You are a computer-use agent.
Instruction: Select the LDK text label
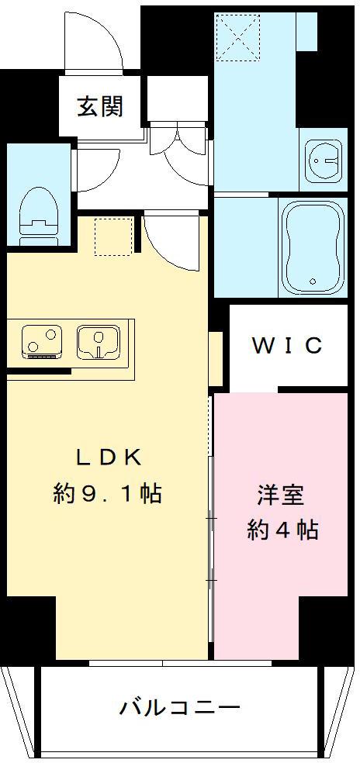[x=108, y=457]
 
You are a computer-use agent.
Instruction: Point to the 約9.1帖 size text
[x=108, y=493]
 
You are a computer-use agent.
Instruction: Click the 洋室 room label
[x=281, y=495]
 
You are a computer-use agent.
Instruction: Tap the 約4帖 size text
[x=282, y=530]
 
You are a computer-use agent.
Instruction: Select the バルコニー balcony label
[x=180, y=708]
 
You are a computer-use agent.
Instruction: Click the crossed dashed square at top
[x=238, y=38]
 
